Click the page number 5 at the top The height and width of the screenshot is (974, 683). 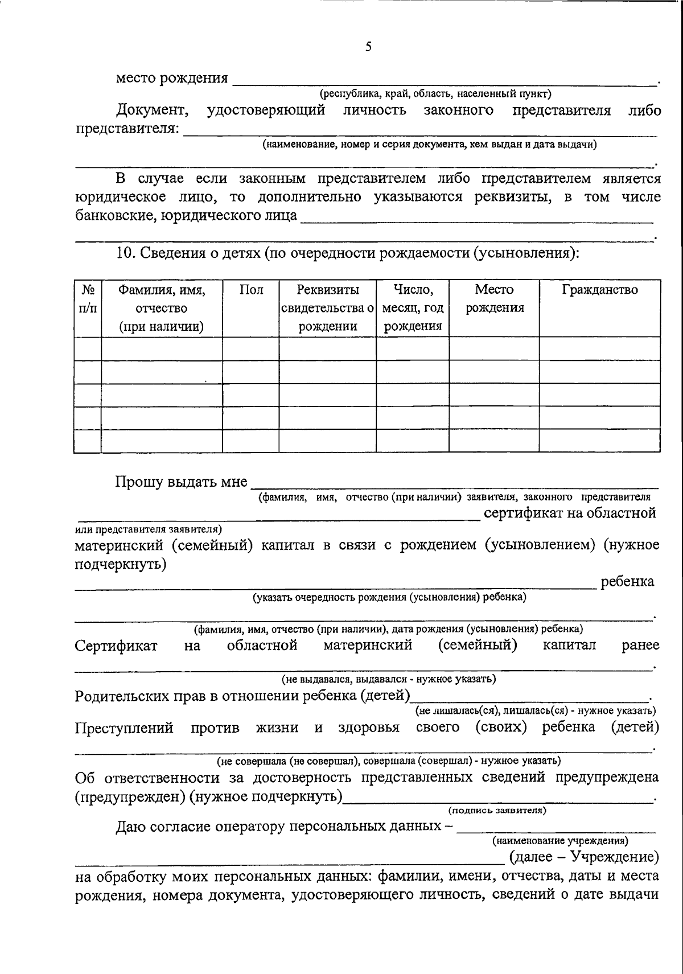point(368,47)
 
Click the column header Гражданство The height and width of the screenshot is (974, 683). point(600,290)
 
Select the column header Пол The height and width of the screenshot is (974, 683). point(251,290)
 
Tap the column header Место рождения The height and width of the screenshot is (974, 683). point(495,299)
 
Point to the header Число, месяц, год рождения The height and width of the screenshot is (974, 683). point(413,308)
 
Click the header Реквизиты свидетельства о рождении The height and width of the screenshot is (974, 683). point(328,308)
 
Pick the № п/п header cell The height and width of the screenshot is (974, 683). point(88,299)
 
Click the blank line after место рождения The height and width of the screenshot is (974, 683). point(444,80)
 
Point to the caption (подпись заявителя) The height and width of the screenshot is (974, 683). point(497,810)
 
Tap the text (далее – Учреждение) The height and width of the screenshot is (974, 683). point(583,857)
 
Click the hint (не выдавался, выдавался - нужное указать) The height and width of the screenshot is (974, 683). point(389,679)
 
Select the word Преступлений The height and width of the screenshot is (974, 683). point(124,728)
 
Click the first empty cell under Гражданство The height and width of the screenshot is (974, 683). point(600,348)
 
